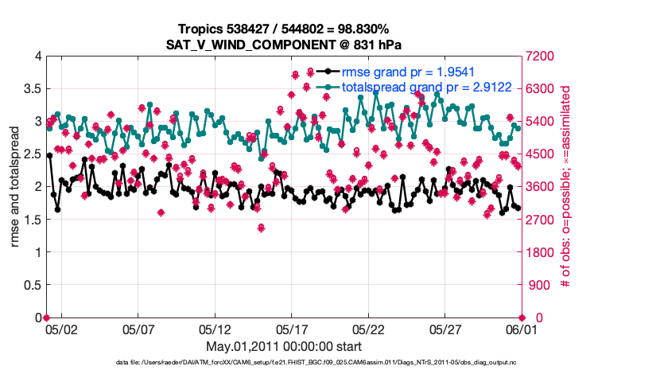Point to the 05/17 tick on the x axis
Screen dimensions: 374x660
(292, 329)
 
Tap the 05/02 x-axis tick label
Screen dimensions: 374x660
(61, 329)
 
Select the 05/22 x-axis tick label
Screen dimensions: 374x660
(369, 329)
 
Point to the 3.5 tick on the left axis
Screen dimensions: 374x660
(32, 88)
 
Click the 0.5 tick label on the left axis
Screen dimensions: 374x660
(32, 285)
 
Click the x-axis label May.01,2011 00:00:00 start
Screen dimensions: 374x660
(284, 346)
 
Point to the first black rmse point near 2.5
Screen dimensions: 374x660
(49, 156)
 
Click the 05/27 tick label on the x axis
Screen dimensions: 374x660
(445, 329)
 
